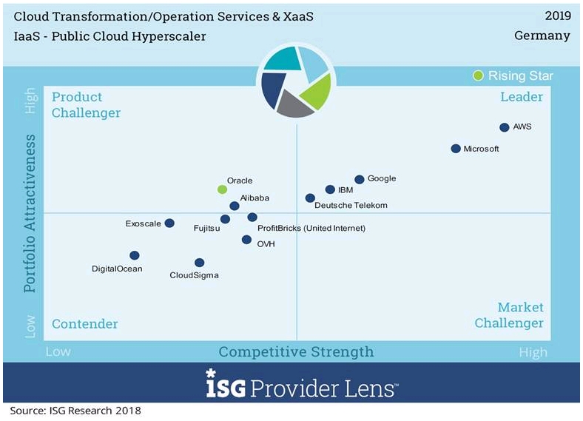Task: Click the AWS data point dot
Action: (504, 127)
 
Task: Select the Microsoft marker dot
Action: (456, 149)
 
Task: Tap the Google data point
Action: (360, 179)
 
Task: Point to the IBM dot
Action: (330, 189)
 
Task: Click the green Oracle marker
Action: (222, 189)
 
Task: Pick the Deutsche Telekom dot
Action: (310, 198)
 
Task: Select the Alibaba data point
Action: (235, 206)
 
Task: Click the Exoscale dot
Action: (169, 223)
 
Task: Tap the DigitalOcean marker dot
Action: (134, 255)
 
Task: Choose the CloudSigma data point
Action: (199, 262)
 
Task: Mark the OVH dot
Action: (246, 239)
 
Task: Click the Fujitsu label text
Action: (206, 229)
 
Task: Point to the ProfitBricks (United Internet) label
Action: (311, 228)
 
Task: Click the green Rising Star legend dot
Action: (479, 75)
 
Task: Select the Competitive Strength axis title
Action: (296, 351)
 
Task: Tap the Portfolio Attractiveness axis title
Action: (30, 213)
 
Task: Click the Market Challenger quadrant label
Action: (510, 315)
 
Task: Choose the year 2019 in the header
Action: (557, 16)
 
